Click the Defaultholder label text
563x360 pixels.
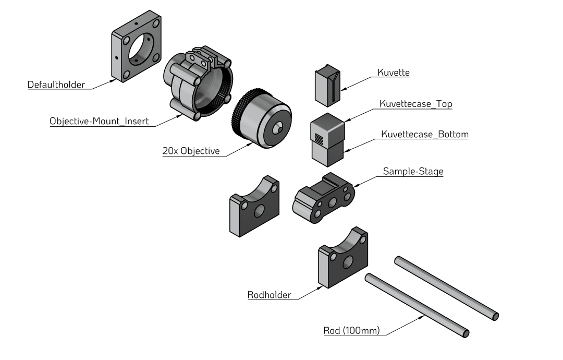click(56, 85)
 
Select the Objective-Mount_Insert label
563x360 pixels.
click(99, 122)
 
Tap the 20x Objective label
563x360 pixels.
click(191, 152)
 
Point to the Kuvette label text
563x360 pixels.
click(393, 73)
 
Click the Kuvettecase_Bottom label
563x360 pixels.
click(425, 135)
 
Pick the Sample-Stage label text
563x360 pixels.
click(413, 171)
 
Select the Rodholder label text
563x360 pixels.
click(269, 295)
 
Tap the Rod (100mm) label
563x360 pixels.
click(351, 331)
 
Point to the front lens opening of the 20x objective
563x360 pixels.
click(279, 126)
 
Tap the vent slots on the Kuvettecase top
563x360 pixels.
click(318, 138)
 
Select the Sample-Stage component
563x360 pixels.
click(324, 199)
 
